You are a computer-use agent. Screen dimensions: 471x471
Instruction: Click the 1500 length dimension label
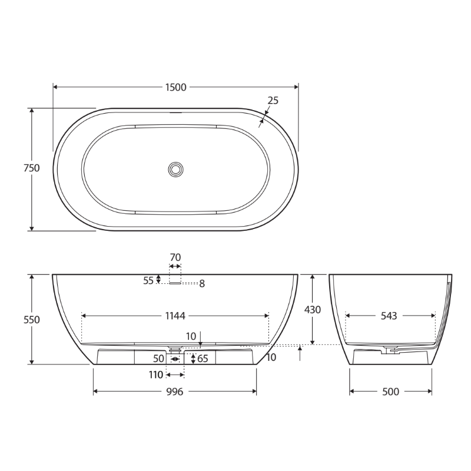tap(175, 88)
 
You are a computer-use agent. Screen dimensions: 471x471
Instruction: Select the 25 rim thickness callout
tap(273, 101)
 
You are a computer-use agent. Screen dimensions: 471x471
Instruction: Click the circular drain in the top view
tap(175, 170)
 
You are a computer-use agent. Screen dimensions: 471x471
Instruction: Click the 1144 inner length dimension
tap(175, 316)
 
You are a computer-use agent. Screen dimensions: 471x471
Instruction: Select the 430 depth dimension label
tap(313, 310)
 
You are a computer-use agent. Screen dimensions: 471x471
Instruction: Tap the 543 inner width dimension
tap(389, 316)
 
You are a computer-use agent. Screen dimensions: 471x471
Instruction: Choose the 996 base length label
tap(175, 392)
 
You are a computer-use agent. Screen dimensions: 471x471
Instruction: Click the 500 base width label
tap(391, 392)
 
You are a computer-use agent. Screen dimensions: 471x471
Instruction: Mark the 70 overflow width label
tap(175, 257)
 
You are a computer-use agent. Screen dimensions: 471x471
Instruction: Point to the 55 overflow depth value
tap(148, 281)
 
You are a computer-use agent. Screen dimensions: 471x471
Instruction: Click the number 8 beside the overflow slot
tap(201, 284)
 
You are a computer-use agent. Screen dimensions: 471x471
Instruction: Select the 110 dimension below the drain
tap(155, 375)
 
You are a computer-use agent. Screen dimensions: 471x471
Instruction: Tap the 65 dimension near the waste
tap(203, 359)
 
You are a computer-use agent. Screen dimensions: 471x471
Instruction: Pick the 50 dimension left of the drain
tap(159, 359)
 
